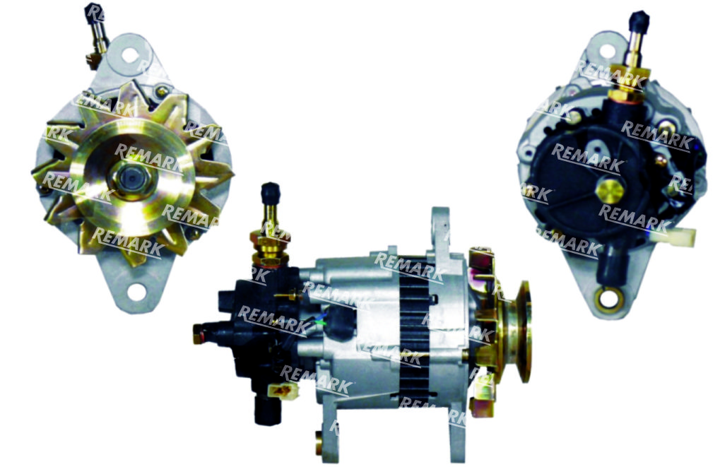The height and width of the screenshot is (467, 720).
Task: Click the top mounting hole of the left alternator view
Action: tap(130, 55)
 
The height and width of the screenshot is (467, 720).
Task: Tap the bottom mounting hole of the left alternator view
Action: tap(136, 292)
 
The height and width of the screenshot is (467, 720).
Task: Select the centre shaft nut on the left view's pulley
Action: tap(131, 177)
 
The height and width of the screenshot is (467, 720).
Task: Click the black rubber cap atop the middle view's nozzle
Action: tap(270, 195)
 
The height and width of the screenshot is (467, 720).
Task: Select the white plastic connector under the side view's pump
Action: tap(283, 390)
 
